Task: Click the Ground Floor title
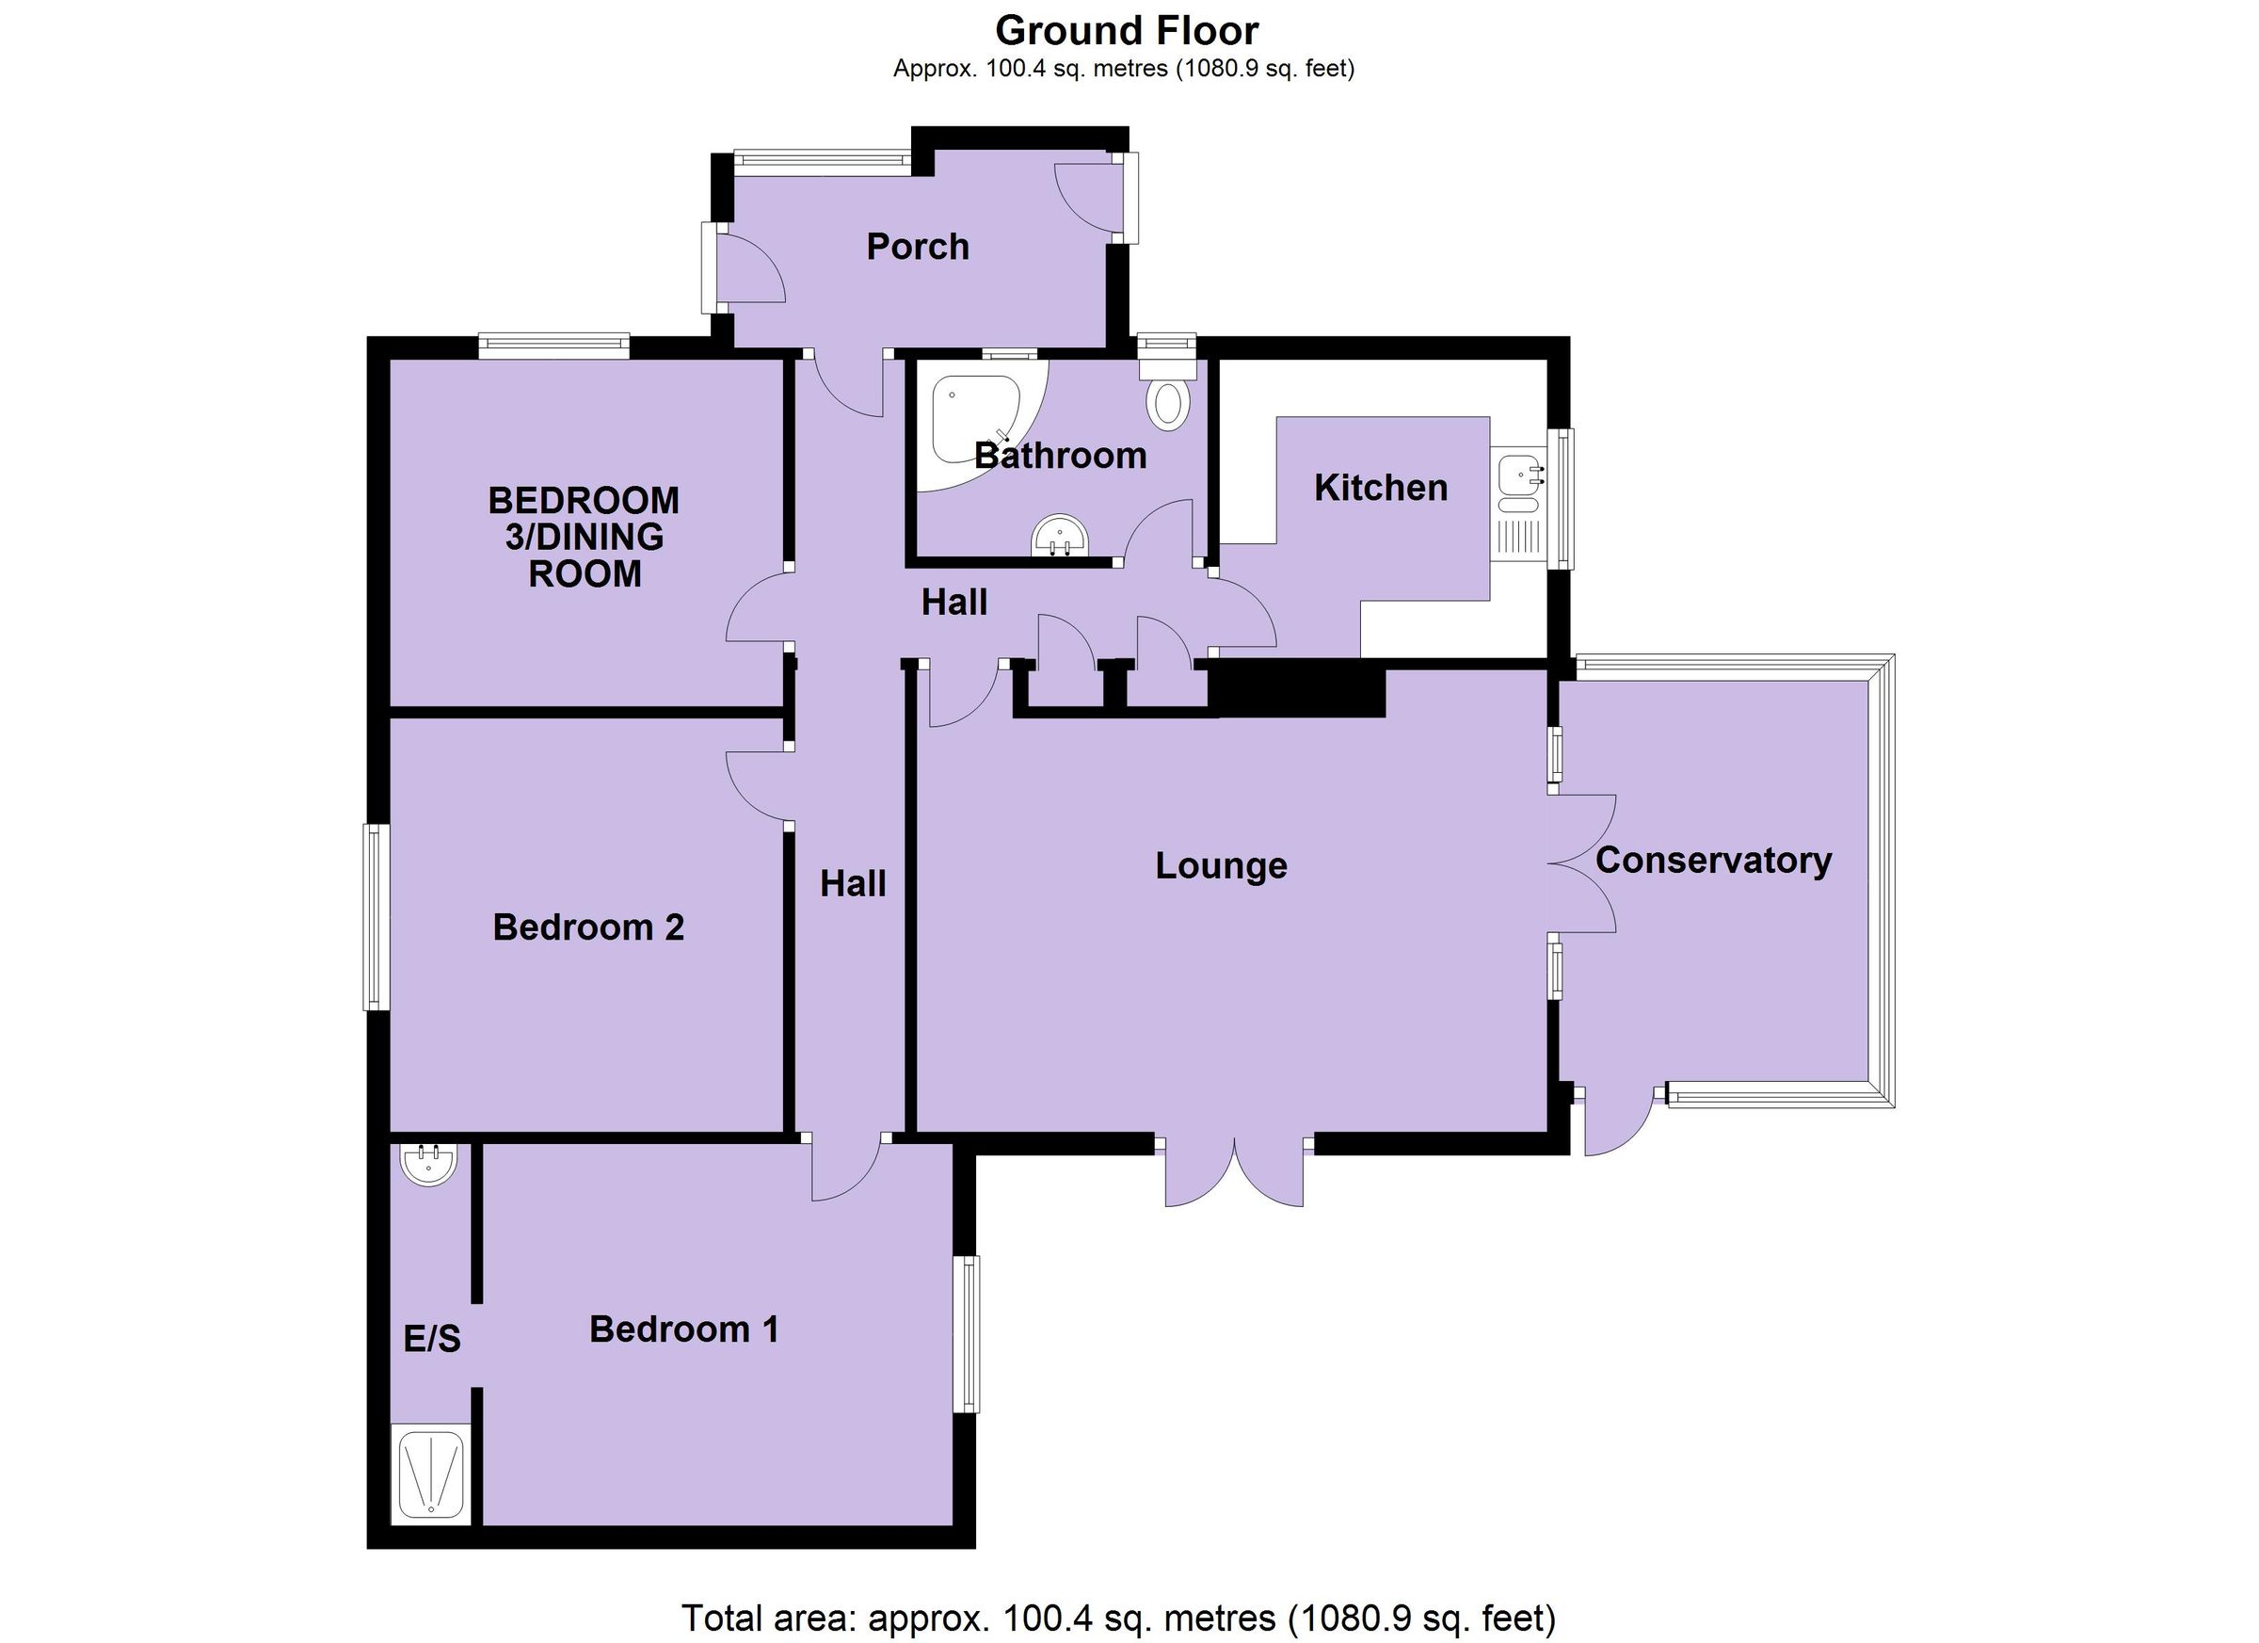pos(1127,32)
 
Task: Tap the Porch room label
pos(918,247)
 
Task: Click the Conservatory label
pos(1713,861)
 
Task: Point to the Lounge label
pos(1221,866)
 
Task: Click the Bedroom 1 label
pos(683,1329)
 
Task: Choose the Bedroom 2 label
pos(587,927)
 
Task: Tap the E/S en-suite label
pos(431,1339)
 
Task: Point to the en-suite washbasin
pos(429,1163)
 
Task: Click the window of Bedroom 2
pos(376,916)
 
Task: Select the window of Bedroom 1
pos(966,1334)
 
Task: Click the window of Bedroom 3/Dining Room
pos(553,346)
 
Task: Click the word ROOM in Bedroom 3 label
pos(585,575)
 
